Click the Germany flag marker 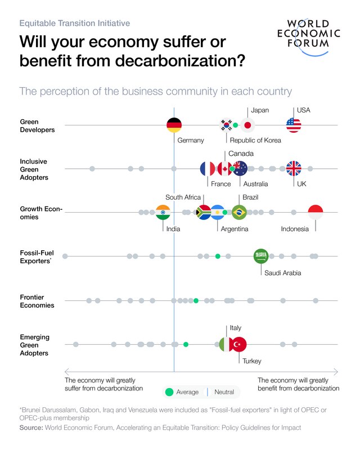click(174, 125)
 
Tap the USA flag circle click(294, 125)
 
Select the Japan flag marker click(248, 125)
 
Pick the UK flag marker click(294, 168)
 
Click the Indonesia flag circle click(316, 212)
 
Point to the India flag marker click(163, 212)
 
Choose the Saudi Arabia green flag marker click(261, 256)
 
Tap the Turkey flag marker click(239, 344)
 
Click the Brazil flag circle click(239, 212)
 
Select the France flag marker click(208, 168)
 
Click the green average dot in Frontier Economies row click(196, 300)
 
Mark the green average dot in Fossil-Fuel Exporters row click(218, 256)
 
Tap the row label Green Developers click(37, 125)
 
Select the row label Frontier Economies click(37, 301)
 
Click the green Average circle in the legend click(169, 392)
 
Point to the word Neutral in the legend click(224, 392)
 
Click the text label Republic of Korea click(255, 140)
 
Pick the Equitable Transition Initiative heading click(74, 24)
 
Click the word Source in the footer click(31, 427)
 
